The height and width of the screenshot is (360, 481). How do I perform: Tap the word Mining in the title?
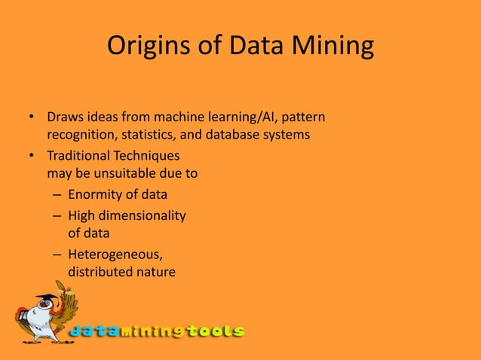click(x=334, y=47)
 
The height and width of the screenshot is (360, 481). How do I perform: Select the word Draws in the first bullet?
click(x=64, y=118)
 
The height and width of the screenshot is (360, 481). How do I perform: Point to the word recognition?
click(x=81, y=136)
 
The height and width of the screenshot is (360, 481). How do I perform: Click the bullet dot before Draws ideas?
click(x=32, y=118)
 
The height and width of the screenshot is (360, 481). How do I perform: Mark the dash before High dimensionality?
click(x=57, y=215)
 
